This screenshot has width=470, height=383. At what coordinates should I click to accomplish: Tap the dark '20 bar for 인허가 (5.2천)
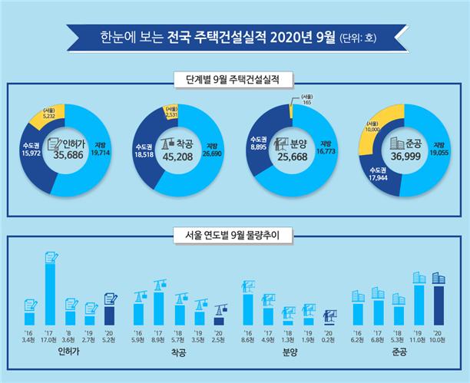109,315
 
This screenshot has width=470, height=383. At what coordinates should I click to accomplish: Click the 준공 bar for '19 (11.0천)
419,305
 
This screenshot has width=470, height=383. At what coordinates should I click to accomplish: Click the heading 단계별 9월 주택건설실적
234,79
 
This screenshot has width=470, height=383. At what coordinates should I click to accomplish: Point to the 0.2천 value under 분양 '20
330,338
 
